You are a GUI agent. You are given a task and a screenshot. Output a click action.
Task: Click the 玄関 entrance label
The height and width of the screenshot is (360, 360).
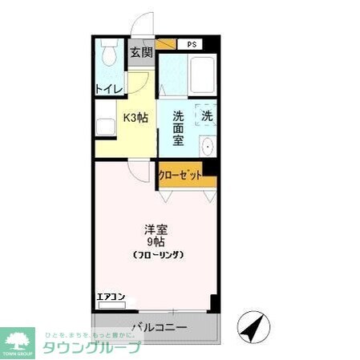(x=141, y=54)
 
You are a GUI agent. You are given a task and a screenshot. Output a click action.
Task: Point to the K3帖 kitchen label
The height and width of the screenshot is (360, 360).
(x=135, y=117)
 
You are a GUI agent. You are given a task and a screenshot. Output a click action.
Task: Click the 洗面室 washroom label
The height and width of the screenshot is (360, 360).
(x=179, y=127)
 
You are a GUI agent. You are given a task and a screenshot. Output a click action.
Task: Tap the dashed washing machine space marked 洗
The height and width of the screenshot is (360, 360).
(x=207, y=115)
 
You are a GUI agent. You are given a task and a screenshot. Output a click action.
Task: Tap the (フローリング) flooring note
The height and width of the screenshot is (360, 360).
(x=158, y=254)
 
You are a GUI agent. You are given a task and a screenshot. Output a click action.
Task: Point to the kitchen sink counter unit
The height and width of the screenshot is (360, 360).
(x=104, y=127)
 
